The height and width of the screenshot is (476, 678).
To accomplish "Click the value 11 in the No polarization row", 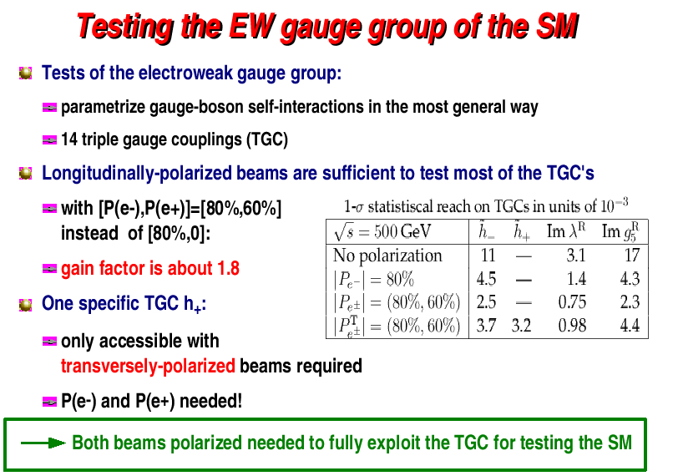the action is pos(488,255).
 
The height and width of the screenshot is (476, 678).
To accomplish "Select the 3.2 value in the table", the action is pos(521,325).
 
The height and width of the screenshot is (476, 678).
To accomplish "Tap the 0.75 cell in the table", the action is pos(572,301).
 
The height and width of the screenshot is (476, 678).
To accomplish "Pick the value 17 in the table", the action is pos(632,255).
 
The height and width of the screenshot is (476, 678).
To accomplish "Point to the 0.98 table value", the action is pos(572,325).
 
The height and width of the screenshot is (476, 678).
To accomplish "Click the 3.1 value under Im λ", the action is pos(576,255).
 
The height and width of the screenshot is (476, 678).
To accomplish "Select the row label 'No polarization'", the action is pos(387,256).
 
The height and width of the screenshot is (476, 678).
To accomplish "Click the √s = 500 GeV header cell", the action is pos(382,232).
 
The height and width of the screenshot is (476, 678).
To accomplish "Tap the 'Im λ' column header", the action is pos(566,230).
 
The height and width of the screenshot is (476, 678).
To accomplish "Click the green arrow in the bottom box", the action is pos(43,443).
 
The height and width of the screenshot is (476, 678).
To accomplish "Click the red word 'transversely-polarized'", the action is pos(148,367).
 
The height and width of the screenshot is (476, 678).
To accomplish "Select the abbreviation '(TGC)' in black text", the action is pos(267,139).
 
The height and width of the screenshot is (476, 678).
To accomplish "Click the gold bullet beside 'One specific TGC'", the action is pos(26,305).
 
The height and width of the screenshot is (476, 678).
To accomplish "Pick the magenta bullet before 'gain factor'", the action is pos(49,269).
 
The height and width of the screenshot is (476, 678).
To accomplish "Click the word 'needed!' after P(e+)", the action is pos(210,401).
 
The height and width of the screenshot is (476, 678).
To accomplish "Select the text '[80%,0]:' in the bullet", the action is pos(179,234).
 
